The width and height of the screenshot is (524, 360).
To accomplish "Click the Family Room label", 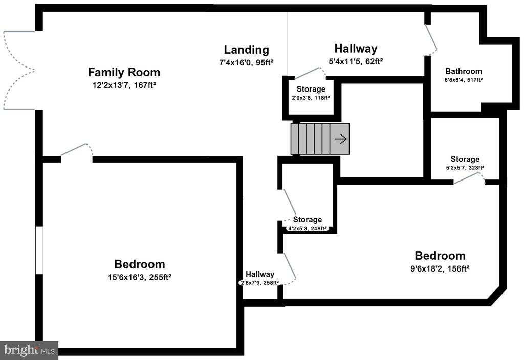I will click(124, 72).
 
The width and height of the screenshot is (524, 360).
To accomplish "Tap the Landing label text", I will click(246, 50).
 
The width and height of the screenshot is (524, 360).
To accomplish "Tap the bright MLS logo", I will click(29, 350).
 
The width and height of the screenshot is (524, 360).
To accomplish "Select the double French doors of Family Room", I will click(19, 70).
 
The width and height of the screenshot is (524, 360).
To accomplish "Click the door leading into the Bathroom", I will click(431, 39).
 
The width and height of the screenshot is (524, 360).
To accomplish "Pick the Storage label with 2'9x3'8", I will click(311, 89).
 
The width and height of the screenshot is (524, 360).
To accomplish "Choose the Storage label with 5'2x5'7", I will click(465, 159).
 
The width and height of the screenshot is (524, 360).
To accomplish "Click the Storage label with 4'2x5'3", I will click(307, 220).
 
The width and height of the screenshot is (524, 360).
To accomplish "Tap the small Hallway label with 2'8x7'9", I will click(259, 274).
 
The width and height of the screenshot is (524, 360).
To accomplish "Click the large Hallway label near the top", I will click(356, 49).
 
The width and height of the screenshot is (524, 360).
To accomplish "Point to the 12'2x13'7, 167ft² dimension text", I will click(124, 84).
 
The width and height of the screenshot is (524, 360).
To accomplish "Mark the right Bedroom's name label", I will click(440, 256).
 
